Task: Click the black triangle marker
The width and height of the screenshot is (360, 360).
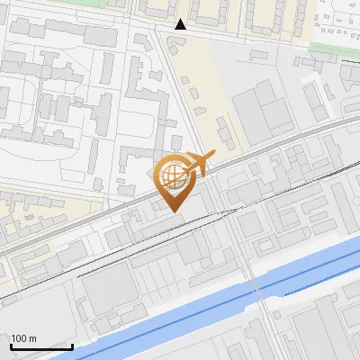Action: coord(181,24)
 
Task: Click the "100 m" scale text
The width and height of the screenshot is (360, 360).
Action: coord(23,337)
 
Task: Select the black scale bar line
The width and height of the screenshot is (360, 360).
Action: coord(41,346)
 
